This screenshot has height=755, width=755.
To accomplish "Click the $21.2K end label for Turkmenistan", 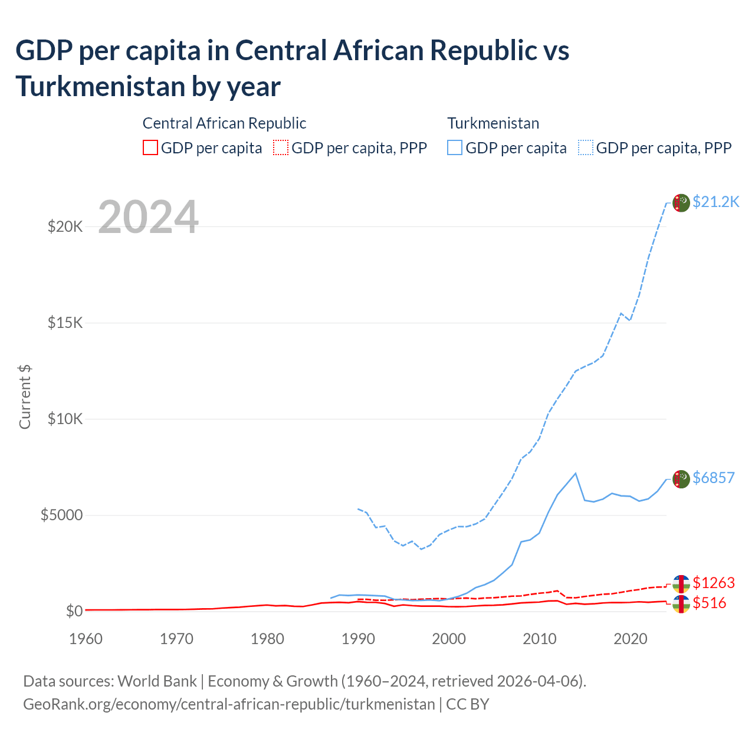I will click(715, 202).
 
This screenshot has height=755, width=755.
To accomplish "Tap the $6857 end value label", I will click(713, 478).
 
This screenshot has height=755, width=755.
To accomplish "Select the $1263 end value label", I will click(713, 583).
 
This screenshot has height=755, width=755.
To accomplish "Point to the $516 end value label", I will click(709, 603).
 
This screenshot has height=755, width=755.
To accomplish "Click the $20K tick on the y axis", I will click(65, 226).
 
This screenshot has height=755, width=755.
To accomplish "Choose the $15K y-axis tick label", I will click(65, 323).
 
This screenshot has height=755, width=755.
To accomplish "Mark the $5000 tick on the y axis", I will click(61, 515).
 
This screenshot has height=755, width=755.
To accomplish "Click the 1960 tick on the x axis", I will click(86, 639).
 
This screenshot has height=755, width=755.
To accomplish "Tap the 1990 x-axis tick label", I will click(358, 639).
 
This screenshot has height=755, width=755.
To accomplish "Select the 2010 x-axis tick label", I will click(540, 639).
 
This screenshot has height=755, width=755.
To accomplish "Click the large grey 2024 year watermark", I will click(148, 218).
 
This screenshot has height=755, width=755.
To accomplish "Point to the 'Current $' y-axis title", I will click(25, 396).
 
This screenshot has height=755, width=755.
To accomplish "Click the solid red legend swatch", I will click(150, 147).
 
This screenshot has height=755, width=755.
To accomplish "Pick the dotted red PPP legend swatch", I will click(281, 147).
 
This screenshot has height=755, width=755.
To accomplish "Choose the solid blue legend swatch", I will click(455, 147).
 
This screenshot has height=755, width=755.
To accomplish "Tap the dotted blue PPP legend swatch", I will click(585, 147).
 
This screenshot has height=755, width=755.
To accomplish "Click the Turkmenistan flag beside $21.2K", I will click(681, 202).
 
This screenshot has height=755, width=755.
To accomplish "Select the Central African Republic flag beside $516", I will click(681, 604).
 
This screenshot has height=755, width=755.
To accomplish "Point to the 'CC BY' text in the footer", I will click(467, 704).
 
